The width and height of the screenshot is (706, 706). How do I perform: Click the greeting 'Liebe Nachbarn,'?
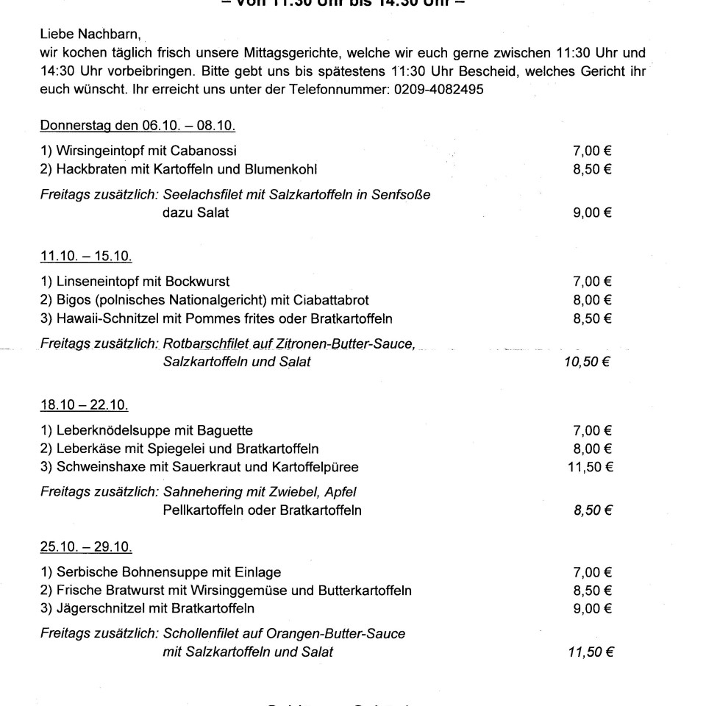(82, 35)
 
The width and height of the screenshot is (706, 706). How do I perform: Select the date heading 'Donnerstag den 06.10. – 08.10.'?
(138, 126)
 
